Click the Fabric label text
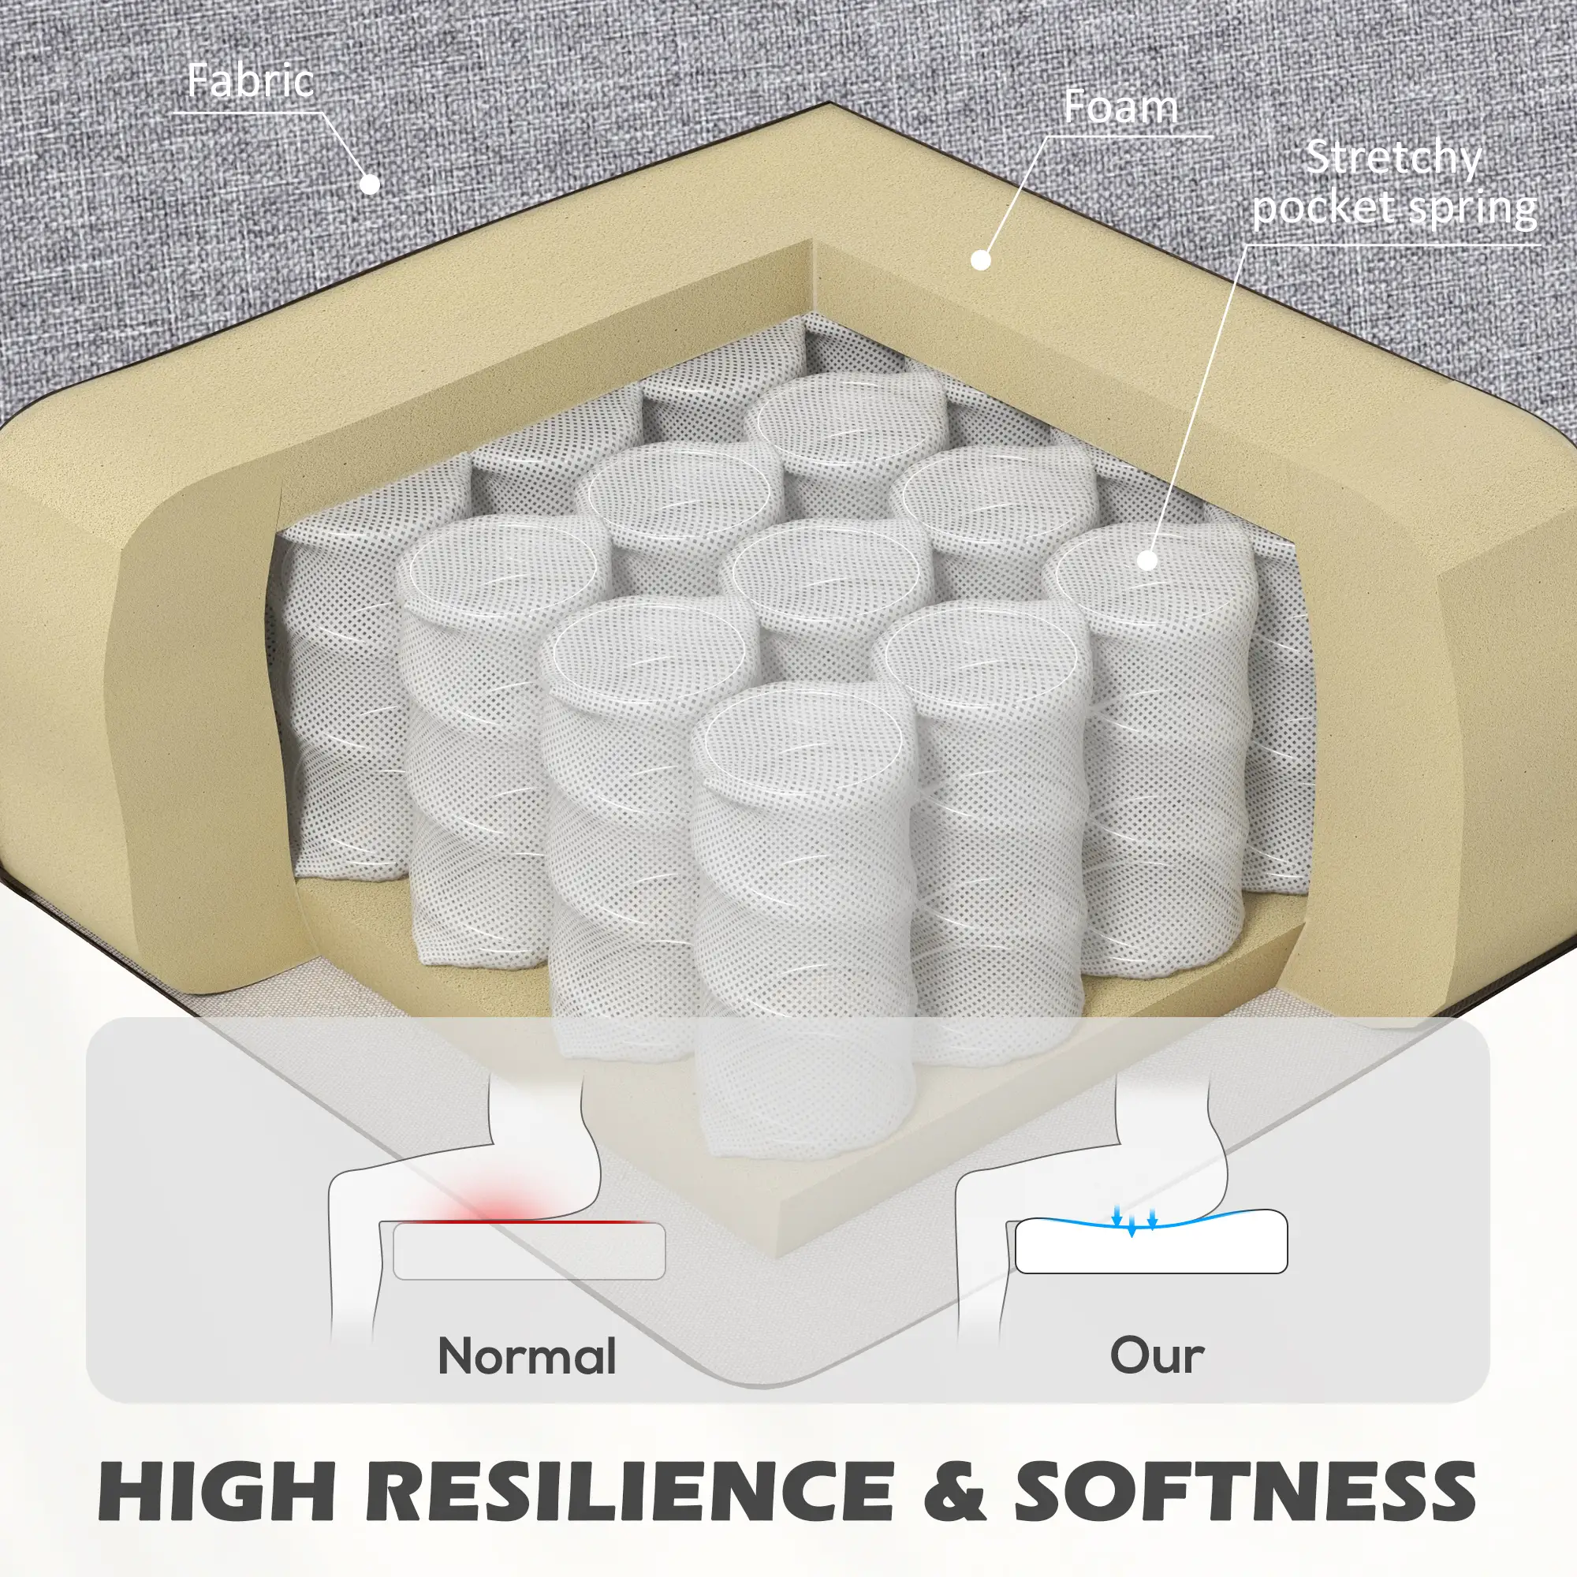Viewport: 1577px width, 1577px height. coord(251,80)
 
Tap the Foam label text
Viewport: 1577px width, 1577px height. coord(1120,107)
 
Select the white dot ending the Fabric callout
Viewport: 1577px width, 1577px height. coord(371,184)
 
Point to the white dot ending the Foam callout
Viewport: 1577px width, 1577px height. coord(981,260)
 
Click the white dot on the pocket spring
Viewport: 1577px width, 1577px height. coord(1146,560)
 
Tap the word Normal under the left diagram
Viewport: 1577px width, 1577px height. coord(528,1355)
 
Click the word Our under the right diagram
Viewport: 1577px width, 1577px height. coord(1157,1355)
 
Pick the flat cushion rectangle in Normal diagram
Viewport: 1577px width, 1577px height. coord(529,1251)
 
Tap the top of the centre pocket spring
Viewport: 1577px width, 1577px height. coord(826,571)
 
